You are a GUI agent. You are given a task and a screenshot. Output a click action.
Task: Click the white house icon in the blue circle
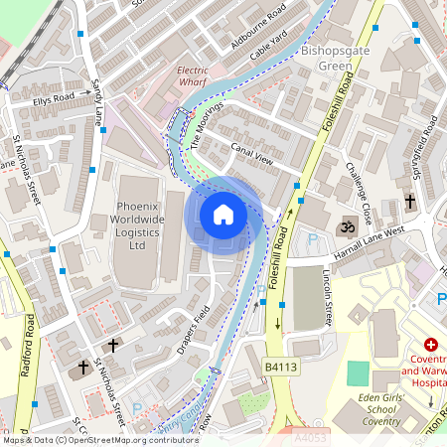[x=223, y=214]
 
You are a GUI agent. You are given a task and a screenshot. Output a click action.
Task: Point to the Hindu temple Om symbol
[x=348, y=227]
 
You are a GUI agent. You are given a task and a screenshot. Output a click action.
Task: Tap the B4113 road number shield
[x=281, y=368]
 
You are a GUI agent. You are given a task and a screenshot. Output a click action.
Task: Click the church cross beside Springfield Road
[x=410, y=202]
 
